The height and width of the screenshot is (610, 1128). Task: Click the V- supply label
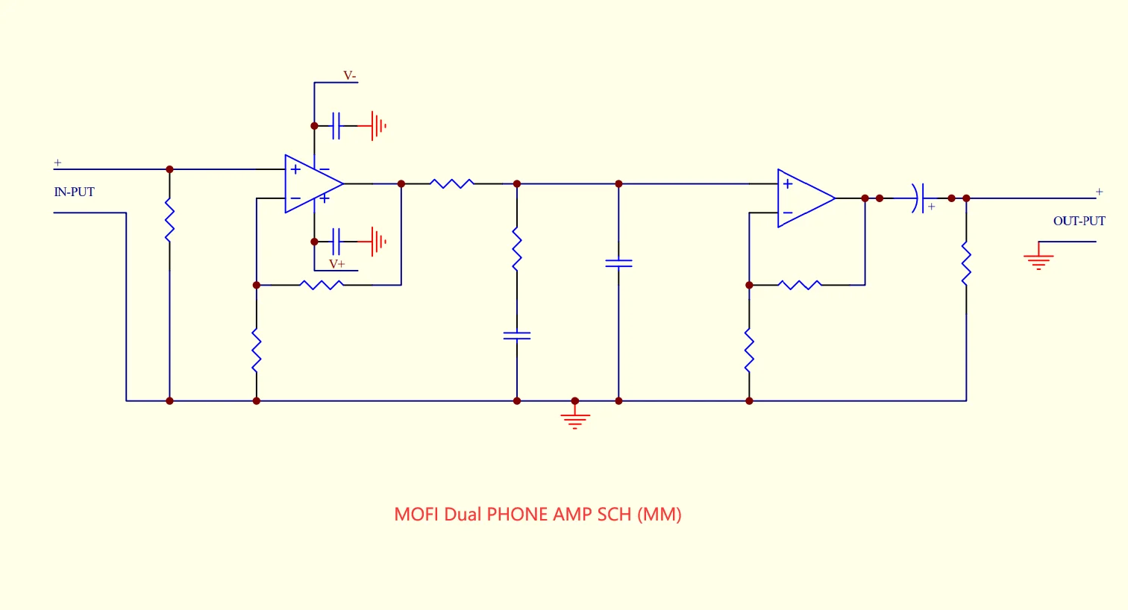click(349, 75)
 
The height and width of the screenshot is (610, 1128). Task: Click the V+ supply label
click(337, 264)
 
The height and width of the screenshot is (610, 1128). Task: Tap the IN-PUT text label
click(74, 192)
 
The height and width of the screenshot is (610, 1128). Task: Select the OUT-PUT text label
click(1080, 221)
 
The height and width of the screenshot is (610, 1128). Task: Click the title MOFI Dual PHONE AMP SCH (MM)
click(538, 515)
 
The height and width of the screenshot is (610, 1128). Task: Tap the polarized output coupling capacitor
click(921, 198)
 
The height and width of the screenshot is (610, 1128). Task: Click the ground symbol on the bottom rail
click(575, 417)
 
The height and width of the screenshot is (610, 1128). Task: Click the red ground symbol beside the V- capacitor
click(377, 126)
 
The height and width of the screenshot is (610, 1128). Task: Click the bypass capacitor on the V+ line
click(336, 242)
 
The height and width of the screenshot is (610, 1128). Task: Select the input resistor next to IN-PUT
click(169, 221)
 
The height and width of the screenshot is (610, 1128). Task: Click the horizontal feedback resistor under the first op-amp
click(322, 286)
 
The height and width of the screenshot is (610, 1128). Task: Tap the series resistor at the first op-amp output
click(452, 183)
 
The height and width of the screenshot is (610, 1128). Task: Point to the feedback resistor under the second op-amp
click(800, 286)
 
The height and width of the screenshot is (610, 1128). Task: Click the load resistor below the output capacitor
click(966, 264)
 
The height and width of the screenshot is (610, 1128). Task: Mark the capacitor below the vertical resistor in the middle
click(517, 336)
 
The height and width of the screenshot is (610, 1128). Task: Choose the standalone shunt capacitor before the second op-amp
click(619, 263)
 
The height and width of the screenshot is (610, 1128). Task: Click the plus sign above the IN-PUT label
click(58, 163)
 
